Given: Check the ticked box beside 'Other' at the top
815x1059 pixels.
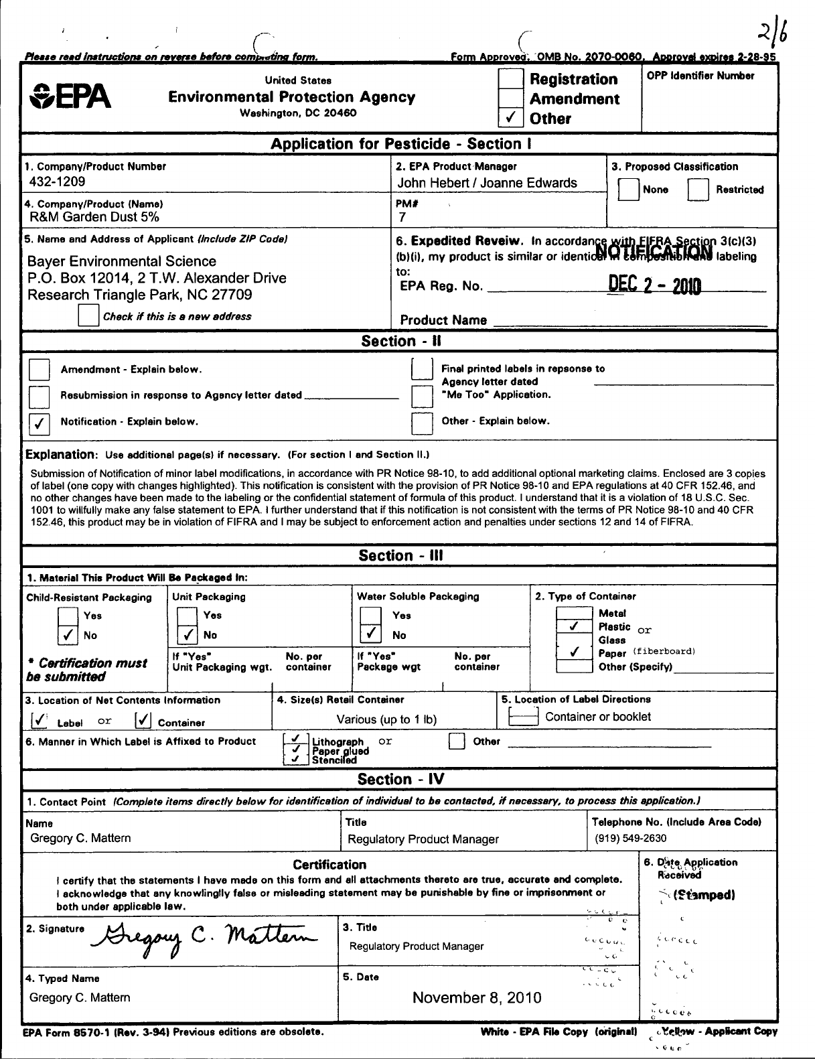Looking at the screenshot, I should pyautogui.click(x=510, y=119).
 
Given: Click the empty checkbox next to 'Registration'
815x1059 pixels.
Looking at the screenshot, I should pyautogui.click(x=510, y=79).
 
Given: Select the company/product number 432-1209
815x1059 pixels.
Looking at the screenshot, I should pyautogui.click(x=57, y=182).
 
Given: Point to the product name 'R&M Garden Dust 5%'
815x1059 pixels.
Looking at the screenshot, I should pyautogui.click(x=94, y=217).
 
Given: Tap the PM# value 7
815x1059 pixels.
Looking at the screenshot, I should pyautogui.click(x=402, y=217).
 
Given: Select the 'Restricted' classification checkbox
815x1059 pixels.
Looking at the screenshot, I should pyautogui.click(x=698, y=190).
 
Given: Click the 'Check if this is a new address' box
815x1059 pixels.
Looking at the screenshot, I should pyautogui.click(x=88, y=316).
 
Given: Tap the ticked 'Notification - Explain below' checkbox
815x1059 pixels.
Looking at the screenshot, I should pyautogui.click(x=40, y=422).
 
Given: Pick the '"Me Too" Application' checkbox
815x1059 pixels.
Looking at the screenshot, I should pyautogui.click(x=422, y=396).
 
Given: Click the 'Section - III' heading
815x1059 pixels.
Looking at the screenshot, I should pyautogui.click(x=400, y=556).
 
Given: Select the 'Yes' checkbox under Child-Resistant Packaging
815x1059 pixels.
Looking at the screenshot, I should pyautogui.click(x=68, y=616).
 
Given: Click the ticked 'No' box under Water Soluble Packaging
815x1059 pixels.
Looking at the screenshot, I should pyautogui.click(x=370, y=634).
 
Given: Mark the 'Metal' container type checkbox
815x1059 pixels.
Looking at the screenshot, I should pyautogui.click(x=575, y=612).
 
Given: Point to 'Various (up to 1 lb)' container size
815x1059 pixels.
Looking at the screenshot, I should pyautogui.click(x=386, y=719).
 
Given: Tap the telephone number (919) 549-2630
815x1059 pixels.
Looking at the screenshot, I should pyautogui.click(x=630, y=838).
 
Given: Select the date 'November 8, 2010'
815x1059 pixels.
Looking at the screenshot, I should pyautogui.click(x=476, y=998).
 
